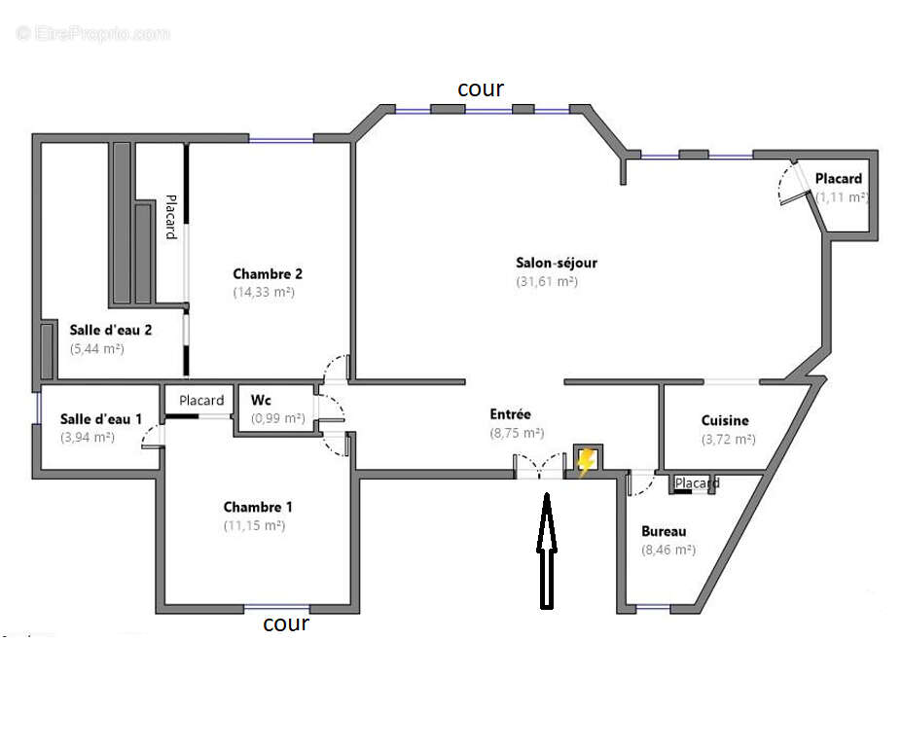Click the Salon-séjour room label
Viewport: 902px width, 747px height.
pyautogui.click(x=556, y=263)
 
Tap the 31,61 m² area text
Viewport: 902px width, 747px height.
pyautogui.click(x=546, y=281)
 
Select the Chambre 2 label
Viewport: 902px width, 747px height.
pyautogui.click(x=268, y=273)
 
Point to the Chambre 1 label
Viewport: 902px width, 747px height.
pyautogui.click(x=258, y=507)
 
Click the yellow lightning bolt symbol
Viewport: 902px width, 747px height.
pyautogui.click(x=586, y=462)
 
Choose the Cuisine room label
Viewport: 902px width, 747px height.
pyautogui.click(x=725, y=420)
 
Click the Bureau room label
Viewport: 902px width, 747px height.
pyautogui.click(x=664, y=531)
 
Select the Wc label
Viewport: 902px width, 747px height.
pyautogui.click(x=261, y=400)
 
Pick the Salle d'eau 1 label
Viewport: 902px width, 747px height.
pyautogui.click(x=101, y=418)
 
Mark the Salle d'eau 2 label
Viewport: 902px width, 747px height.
pyautogui.click(x=110, y=329)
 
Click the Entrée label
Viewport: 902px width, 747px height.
pyautogui.click(x=510, y=414)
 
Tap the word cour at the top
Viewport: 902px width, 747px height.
pyautogui.click(x=481, y=89)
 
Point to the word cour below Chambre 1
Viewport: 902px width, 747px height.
pyautogui.click(x=286, y=623)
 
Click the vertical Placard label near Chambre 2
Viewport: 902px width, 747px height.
pyautogui.click(x=170, y=217)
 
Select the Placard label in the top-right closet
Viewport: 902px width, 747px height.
pyautogui.click(x=838, y=179)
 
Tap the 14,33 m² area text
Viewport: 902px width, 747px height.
pyautogui.click(x=264, y=292)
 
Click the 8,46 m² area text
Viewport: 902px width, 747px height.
pyautogui.click(x=667, y=550)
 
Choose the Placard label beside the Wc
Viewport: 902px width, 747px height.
pyautogui.click(x=201, y=400)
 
